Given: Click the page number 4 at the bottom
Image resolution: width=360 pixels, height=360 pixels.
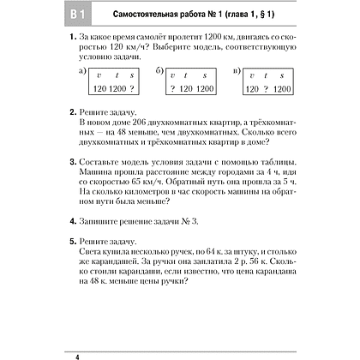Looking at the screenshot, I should pyautogui.click(x=54, y=352).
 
